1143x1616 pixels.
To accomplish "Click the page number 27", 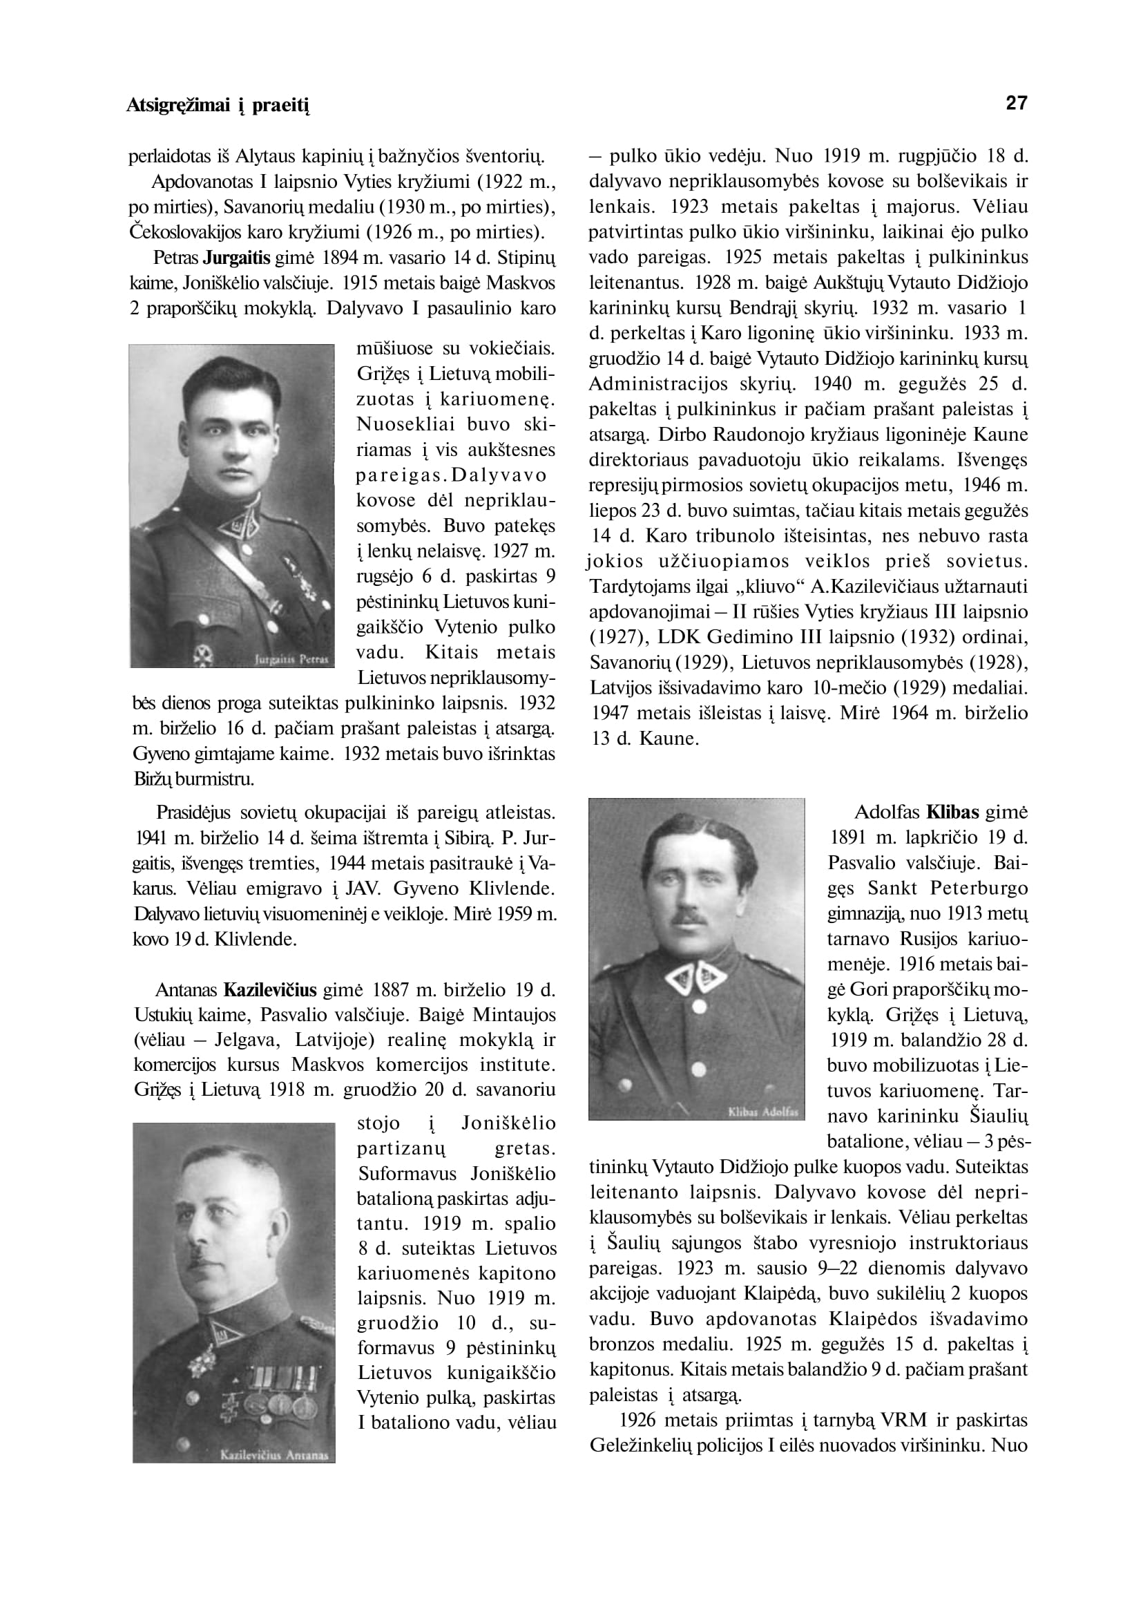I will click(1017, 104).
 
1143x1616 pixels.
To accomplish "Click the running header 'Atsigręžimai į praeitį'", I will click(218, 106).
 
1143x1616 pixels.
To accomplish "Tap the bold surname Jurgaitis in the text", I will click(242, 258).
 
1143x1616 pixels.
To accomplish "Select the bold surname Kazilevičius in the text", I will click(270, 990).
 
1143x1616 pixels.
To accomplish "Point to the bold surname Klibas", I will click(953, 812).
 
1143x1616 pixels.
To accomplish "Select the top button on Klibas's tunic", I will click(698, 1007).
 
